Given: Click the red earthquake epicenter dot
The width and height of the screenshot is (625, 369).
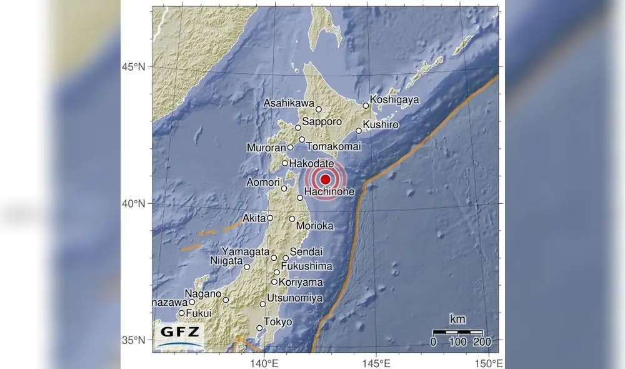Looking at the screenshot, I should pyautogui.click(x=325, y=179).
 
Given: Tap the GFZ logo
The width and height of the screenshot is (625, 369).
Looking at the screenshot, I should pyautogui.click(x=181, y=335).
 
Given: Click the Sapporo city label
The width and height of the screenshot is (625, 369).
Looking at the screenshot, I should pyautogui.click(x=322, y=122).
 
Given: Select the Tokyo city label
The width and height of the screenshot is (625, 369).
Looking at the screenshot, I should pyautogui.click(x=278, y=322).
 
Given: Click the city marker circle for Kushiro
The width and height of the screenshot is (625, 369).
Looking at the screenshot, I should pyautogui.click(x=359, y=131).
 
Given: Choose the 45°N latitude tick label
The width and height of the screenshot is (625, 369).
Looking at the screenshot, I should pyautogui.click(x=133, y=66).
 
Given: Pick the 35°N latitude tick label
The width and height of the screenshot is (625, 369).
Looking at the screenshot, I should pyautogui.click(x=133, y=340).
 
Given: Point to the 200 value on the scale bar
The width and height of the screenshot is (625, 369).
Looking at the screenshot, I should pyautogui.click(x=482, y=342).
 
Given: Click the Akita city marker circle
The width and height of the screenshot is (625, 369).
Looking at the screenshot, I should pyautogui.click(x=270, y=218).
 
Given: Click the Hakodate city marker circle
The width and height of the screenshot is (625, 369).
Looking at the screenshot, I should pyautogui.click(x=285, y=163).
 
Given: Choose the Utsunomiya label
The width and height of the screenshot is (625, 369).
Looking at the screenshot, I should pyautogui.click(x=294, y=298).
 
